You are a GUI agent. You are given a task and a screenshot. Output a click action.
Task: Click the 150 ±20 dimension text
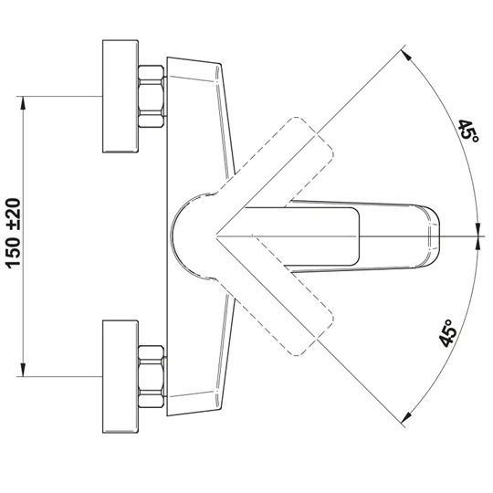click(13, 234)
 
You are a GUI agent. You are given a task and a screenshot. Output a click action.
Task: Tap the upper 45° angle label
click(467, 131)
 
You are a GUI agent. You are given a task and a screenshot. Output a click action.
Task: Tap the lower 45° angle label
click(447, 333)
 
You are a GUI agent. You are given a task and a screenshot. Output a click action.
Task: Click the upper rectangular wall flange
click(121, 96)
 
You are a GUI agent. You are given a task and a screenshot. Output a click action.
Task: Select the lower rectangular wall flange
click(121, 376)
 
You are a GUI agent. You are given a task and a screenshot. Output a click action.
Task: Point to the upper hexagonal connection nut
click(152, 96)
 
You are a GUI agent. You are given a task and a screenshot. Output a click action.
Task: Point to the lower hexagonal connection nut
click(152, 377)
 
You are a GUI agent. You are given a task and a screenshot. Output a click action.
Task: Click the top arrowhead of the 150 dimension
click(23, 102)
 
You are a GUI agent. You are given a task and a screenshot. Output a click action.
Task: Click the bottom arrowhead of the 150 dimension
click(23, 370)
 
